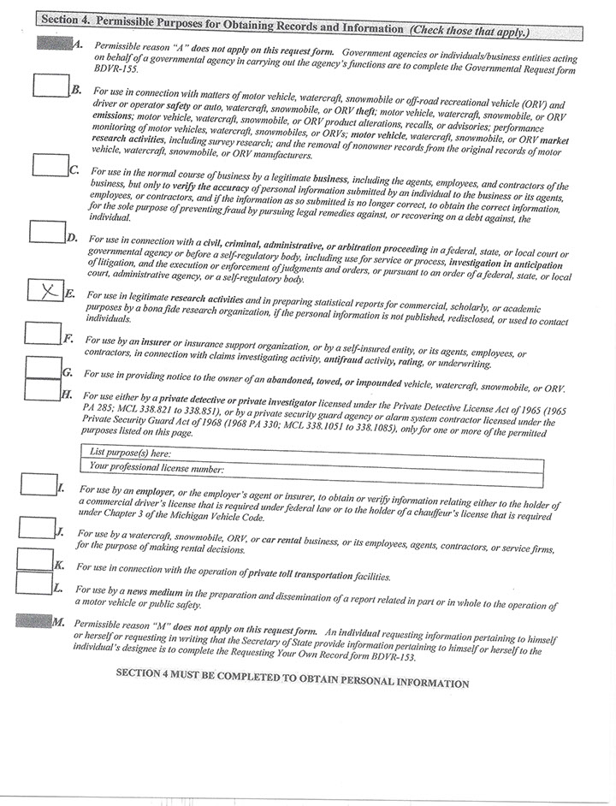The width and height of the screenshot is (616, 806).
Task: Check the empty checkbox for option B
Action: coord(50,85)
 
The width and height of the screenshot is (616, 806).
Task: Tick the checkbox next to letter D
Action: coord(46,232)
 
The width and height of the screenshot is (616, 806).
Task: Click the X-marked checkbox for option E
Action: coord(44,291)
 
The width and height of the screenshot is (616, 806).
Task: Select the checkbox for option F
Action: coord(42,332)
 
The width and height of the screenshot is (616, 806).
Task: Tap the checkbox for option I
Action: coord(38,484)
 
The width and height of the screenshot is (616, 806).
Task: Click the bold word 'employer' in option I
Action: coord(150,492)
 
